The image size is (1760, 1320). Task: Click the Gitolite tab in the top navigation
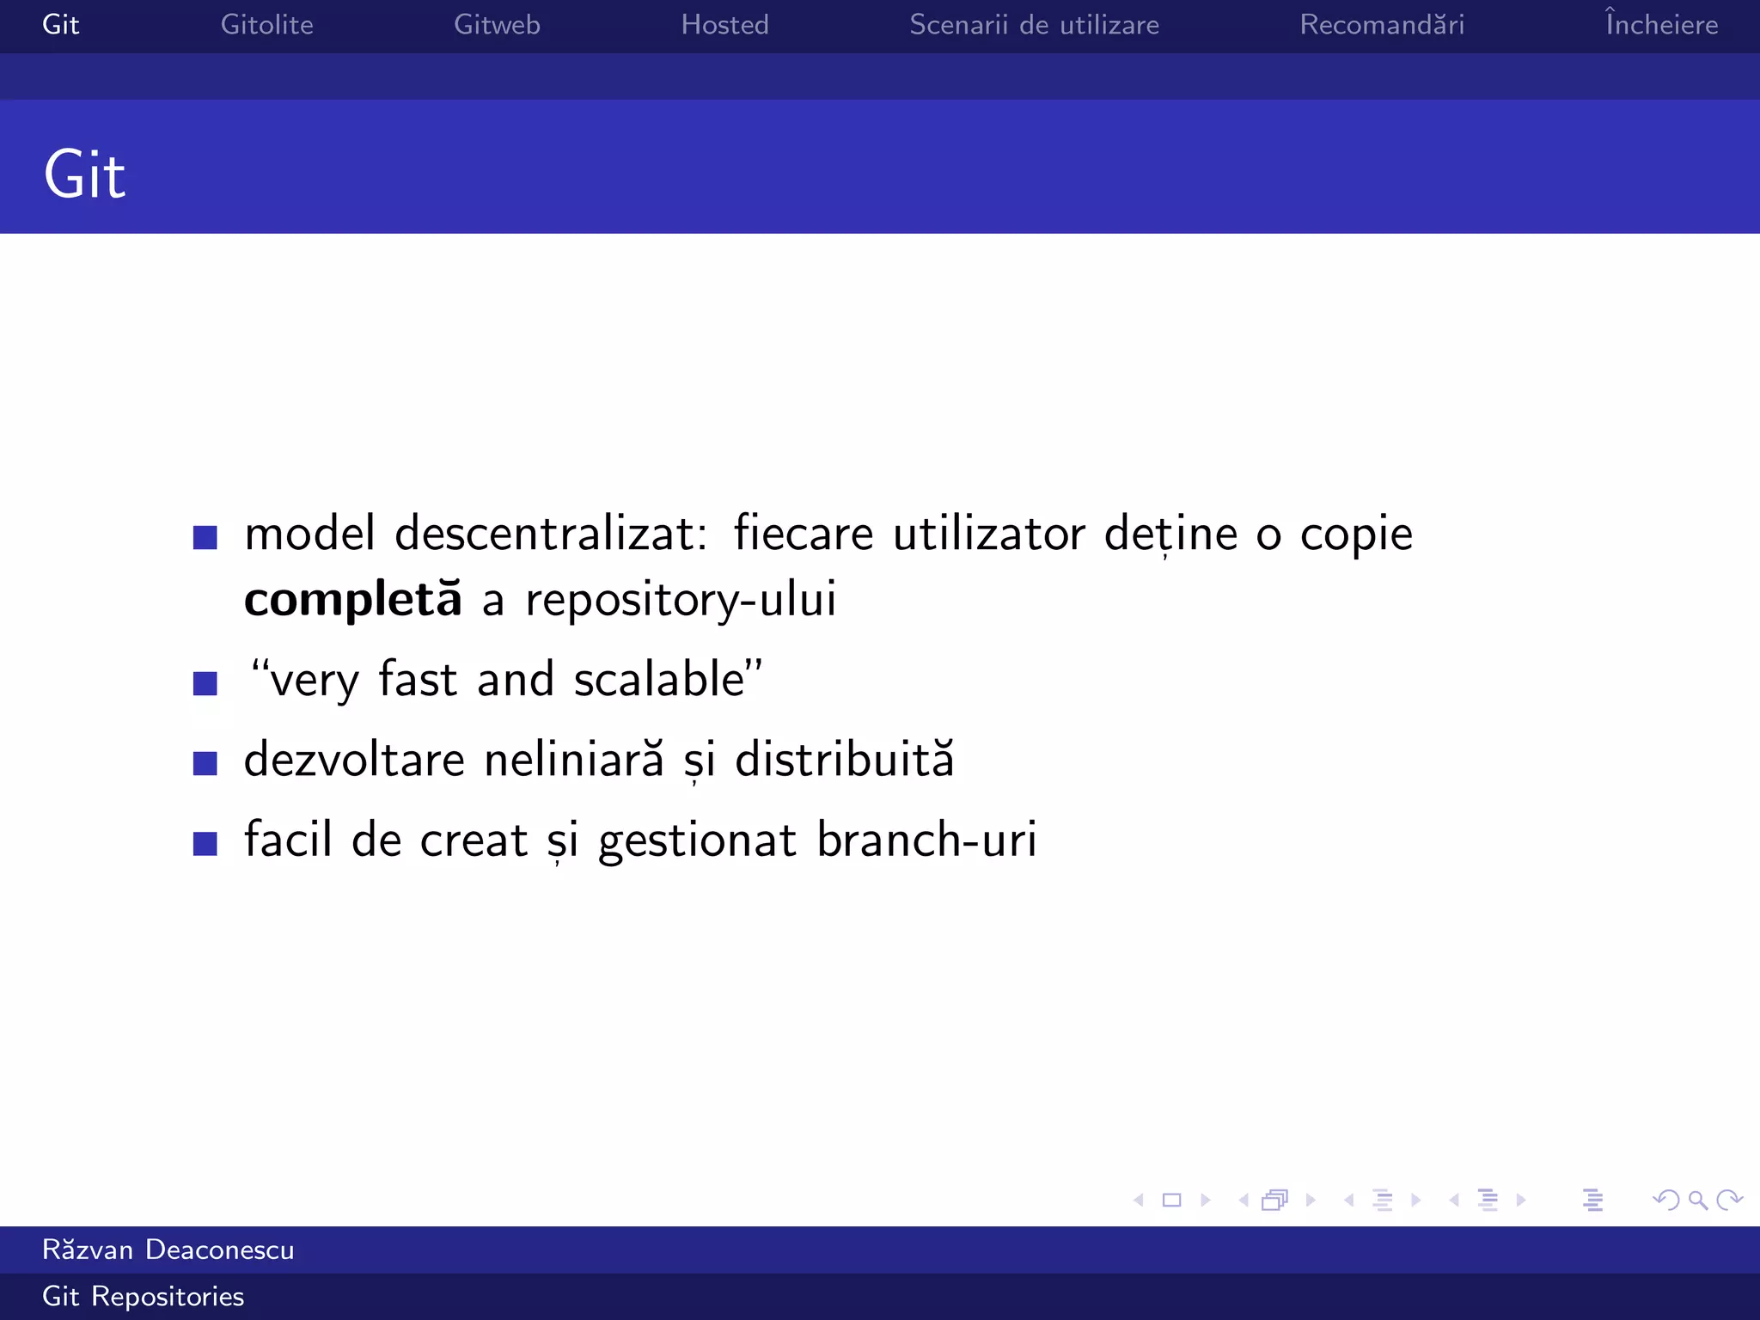point(266,25)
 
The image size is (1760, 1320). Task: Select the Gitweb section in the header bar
point(497,25)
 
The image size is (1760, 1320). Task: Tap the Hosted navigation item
point(724,25)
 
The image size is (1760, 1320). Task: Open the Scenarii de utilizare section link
point(1034,25)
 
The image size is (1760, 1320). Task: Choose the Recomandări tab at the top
point(1382,25)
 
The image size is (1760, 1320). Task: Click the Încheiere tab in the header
point(1661,23)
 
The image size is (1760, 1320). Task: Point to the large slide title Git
point(84,175)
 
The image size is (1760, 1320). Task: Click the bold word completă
point(352,599)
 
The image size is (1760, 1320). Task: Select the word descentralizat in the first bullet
point(550,534)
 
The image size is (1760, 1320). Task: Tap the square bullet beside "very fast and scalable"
point(205,683)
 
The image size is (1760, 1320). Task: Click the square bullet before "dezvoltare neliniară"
point(205,763)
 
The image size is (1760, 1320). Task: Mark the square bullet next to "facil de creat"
point(205,843)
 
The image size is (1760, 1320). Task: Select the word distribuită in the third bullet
point(844,760)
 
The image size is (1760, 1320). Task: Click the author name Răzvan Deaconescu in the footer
point(168,1250)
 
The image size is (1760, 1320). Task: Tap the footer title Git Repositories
point(144,1296)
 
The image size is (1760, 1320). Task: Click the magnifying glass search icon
point(1697,1200)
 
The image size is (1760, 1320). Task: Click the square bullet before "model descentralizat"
point(205,537)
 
